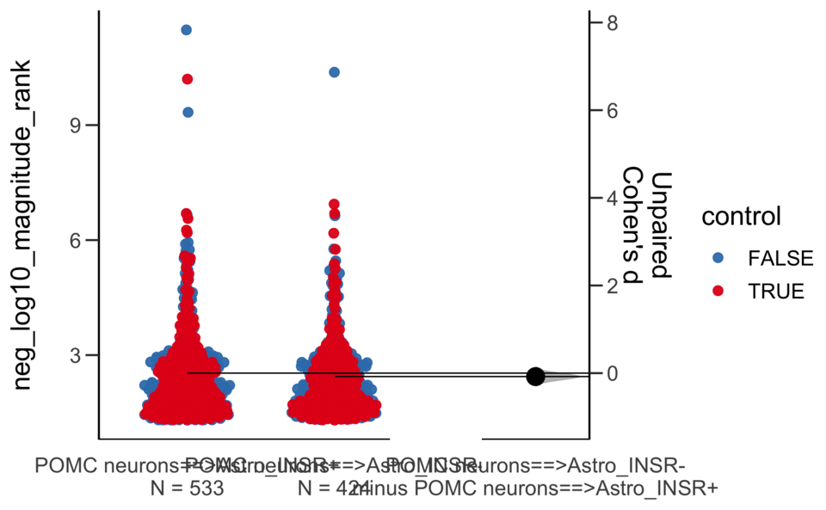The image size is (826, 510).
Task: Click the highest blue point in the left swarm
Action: pyautogui.click(x=187, y=30)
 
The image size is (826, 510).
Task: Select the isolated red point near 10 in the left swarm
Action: pyautogui.click(x=188, y=79)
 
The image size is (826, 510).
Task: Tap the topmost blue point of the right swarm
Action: pyautogui.click(x=334, y=72)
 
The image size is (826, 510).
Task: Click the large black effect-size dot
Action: pyautogui.click(x=535, y=376)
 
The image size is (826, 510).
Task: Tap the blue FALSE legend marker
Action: pyautogui.click(x=718, y=257)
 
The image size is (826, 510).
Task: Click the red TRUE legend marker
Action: pyautogui.click(x=718, y=291)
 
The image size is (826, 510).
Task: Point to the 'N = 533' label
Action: pyautogui.click(x=187, y=489)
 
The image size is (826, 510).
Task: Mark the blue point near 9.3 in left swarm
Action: pyautogui.click(x=188, y=112)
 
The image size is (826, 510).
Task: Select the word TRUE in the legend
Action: pyautogui.click(x=775, y=291)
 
